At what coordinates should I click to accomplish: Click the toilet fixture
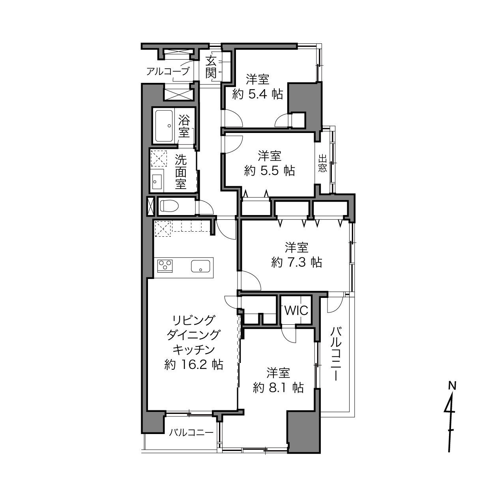tap(169, 206)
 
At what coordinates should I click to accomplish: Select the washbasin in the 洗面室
tap(157, 181)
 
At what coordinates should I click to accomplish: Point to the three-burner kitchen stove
tap(165, 266)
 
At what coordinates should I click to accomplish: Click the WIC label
tap(296, 311)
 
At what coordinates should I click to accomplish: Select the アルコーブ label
tap(168, 71)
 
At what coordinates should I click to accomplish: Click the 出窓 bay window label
tap(322, 163)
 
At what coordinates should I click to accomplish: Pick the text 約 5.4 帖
tap(258, 95)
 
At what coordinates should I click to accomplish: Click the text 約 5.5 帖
tap(269, 170)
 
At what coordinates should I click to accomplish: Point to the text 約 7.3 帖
tap(297, 262)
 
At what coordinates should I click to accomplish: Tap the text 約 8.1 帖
tap(278, 388)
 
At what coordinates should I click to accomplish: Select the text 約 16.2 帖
tap(194, 364)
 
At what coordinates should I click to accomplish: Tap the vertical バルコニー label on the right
tap(335, 354)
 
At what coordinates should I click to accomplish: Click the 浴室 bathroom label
tap(184, 126)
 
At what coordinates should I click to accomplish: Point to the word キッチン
tap(194, 350)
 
